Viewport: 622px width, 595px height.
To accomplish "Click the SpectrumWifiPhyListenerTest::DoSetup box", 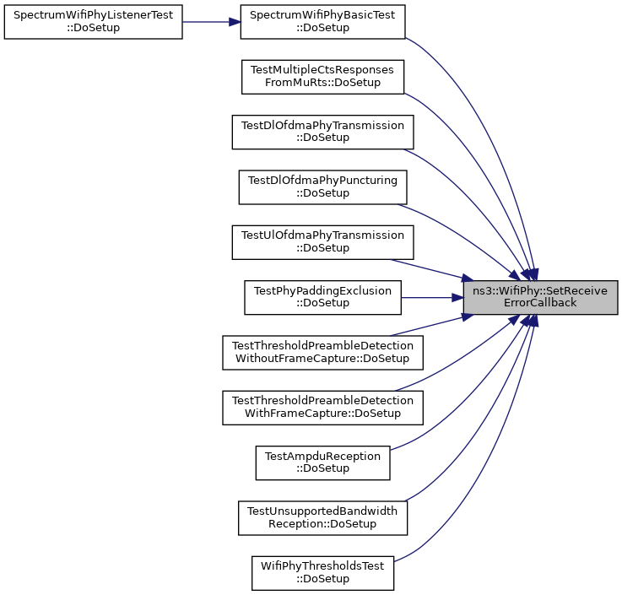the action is [x=93, y=22].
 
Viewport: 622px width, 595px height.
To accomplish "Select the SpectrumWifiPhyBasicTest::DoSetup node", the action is [x=322, y=22].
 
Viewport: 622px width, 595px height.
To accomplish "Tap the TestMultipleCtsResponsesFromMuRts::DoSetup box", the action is [x=322, y=77].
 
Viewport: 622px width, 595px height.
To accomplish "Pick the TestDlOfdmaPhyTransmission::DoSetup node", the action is [x=322, y=133].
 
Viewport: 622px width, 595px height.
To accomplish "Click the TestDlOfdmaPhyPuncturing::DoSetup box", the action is [x=322, y=187].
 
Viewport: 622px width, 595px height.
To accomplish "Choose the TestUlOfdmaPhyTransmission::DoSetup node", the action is [x=322, y=242].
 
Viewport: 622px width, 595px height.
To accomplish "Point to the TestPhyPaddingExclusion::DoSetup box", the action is [x=322, y=297].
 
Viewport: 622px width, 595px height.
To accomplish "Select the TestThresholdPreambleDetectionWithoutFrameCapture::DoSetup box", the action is [x=322, y=353].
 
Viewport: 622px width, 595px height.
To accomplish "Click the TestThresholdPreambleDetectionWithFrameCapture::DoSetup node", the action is [x=322, y=408].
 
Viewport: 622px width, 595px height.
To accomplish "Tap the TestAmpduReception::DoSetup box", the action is [x=322, y=462].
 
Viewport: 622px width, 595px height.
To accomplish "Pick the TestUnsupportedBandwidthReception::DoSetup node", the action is [x=322, y=518].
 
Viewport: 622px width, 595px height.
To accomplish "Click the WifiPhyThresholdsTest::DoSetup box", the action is [x=322, y=573].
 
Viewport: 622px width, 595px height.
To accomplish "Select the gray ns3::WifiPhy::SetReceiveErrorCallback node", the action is [x=540, y=297].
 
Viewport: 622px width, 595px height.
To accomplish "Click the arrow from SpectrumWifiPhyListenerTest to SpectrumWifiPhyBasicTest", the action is [x=212, y=22].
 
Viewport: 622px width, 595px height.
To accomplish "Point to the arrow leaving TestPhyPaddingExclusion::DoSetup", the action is [x=432, y=297].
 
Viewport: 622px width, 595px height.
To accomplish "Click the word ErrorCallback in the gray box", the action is [x=540, y=303].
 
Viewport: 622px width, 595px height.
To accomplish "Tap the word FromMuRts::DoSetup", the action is [x=322, y=83].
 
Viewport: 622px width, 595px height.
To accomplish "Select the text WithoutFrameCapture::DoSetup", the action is [x=322, y=359].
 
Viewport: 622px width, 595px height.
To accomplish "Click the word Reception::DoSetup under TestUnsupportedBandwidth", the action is [x=322, y=524].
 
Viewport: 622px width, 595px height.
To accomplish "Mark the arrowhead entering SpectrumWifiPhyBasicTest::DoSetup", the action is [x=235, y=22].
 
